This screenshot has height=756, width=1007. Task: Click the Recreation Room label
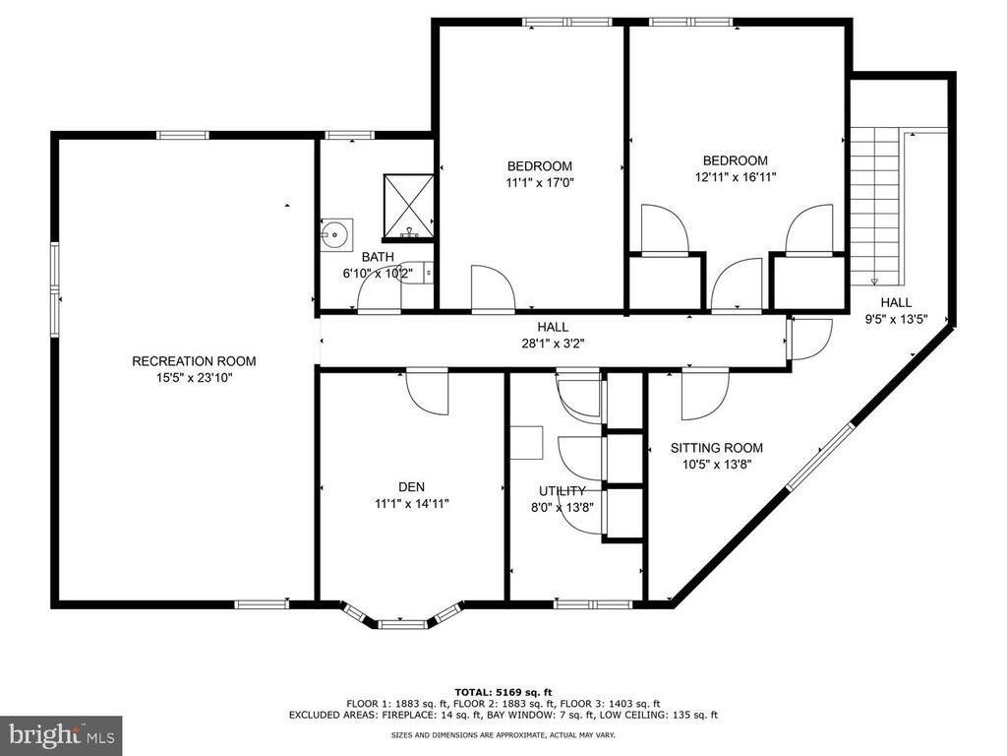coord(194,361)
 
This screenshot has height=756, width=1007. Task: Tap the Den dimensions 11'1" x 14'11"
coord(412,504)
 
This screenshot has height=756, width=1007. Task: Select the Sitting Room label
coord(717,448)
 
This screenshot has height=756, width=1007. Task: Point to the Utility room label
coord(562,491)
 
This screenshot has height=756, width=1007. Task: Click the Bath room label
coord(378,257)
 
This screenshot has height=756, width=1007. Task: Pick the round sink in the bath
coord(334,234)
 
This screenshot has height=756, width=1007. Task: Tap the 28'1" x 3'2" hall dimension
coord(553,344)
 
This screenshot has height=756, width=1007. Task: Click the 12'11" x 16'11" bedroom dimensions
coord(736,177)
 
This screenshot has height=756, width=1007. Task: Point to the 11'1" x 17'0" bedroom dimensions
coord(540,182)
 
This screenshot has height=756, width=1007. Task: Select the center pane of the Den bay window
coord(401,623)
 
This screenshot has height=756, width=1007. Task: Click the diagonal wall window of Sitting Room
coord(820,456)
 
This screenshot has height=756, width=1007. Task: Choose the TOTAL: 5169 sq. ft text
coord(503,692)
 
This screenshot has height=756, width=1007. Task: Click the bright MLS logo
coord(61,734)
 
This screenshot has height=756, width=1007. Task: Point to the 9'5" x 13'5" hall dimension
coord(896,319)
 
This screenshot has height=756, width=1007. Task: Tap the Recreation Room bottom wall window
coord(262,603)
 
